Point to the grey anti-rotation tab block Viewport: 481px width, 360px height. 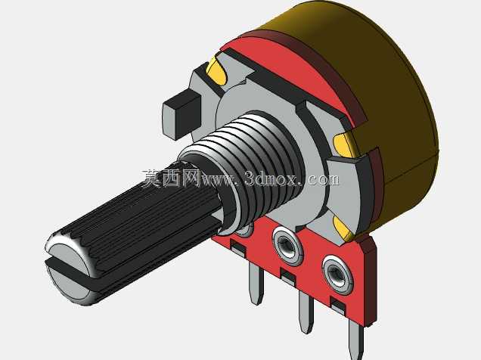point(182,114)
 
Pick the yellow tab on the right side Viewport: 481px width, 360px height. point(344,144)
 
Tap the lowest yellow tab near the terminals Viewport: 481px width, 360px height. point(344,228)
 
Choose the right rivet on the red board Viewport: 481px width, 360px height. point(337,275)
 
